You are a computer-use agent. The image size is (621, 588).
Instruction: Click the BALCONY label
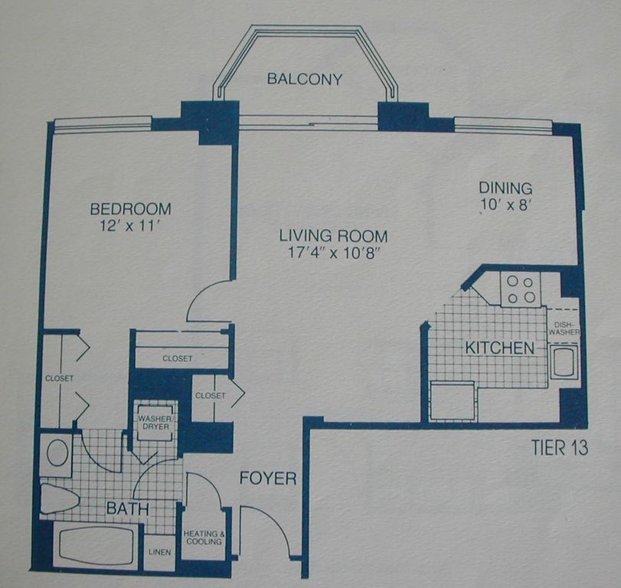(304, 79)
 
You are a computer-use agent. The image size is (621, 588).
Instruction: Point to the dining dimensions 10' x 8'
(505, 204)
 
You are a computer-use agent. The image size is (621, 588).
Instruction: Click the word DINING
(505, 188)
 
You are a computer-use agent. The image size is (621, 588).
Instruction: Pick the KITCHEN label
(499, 348)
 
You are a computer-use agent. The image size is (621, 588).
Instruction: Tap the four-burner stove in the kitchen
(521, 289)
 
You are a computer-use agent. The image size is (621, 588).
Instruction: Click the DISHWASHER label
(564, 328)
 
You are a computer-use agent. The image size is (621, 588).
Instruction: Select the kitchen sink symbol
(563, 361)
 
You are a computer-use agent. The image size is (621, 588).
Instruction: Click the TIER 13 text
(559, 448)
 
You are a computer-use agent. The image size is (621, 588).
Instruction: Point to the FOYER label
(268, 479)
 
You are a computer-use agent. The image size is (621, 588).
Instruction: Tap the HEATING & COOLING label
(204, 537)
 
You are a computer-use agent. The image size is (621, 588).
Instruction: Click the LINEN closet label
(160, 552)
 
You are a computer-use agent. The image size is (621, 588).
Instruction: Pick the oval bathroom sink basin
(57, 452)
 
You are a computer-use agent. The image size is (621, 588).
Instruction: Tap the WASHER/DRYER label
(155, 423)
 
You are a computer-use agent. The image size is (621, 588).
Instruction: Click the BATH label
(128, 508)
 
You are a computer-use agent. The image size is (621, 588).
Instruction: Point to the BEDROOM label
(130, 209)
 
